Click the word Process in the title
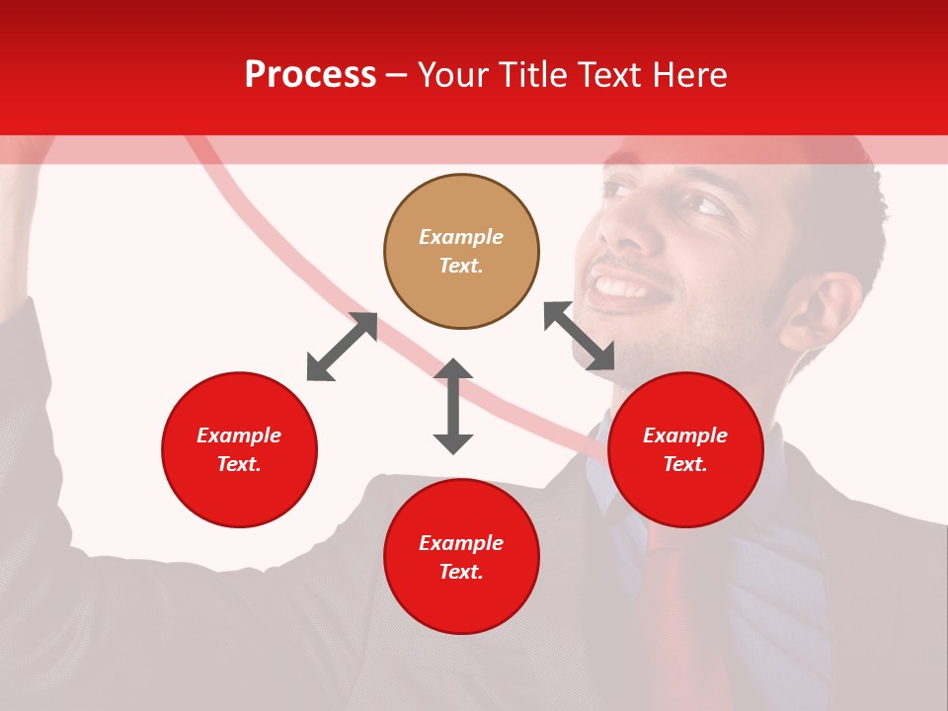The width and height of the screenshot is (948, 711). click(310, 75)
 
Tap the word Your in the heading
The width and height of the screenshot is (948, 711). click(455, 75)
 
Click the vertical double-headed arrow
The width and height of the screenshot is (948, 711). click(453, 406)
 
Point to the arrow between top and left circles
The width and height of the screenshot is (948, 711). click(342, 347)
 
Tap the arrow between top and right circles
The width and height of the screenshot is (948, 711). click(580, 336)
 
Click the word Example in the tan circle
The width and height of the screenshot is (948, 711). click(461, 237)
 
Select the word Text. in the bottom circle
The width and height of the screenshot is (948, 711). click(461, 572)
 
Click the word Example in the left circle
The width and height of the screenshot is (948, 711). click(239, 435)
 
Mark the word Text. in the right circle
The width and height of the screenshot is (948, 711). click(685, 464)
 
